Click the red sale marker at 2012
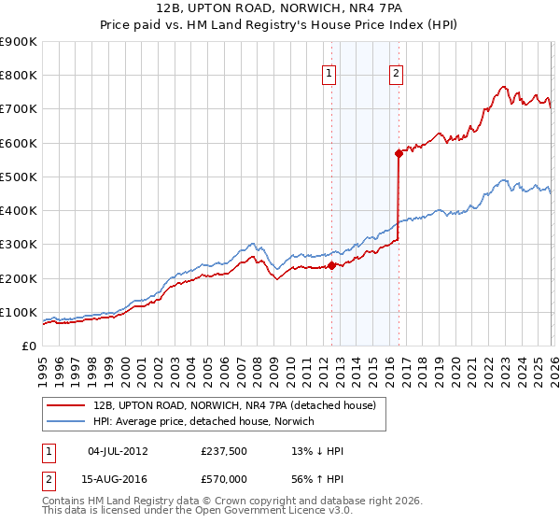click(331, 265)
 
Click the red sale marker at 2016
click(399, 152)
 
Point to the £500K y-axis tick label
click(19, 177)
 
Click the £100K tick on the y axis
click(19, 312)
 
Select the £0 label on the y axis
click(29, 346)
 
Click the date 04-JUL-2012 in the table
click(118, 451)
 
